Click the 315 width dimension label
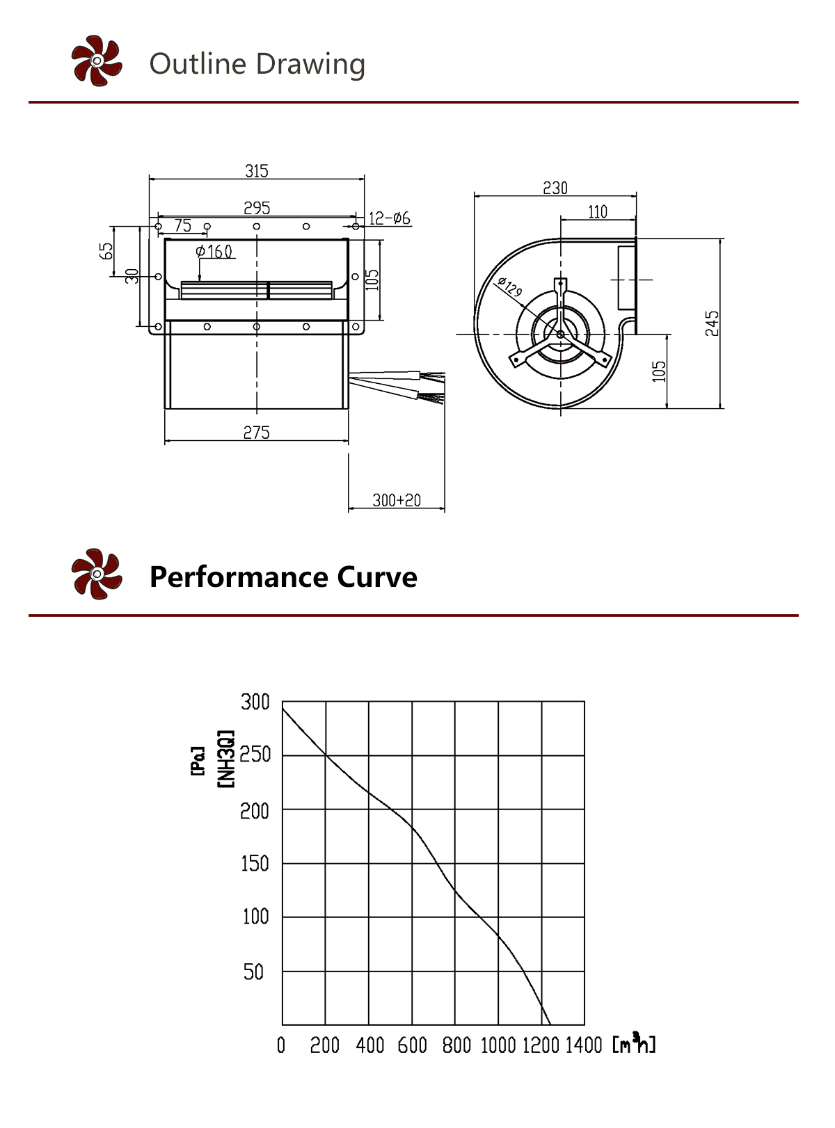coord(256,171)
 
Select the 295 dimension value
coord(256,208)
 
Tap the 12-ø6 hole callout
coord(389,218)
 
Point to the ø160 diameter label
coord(214,251)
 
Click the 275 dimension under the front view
coord(256,433)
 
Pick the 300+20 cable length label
coord(397,500)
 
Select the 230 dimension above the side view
coord(555,188)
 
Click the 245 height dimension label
coord(712,323)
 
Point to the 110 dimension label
coord(598,211)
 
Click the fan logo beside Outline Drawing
coord(97,61)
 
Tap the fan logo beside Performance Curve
coord(97,574)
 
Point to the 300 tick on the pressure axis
coord(255,702)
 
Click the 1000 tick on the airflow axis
coord(498,1045)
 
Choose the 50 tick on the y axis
coord(253,972)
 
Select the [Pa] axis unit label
coord(198,761)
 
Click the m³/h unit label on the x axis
coord(634,1044)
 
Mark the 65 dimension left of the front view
coord(106,251)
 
